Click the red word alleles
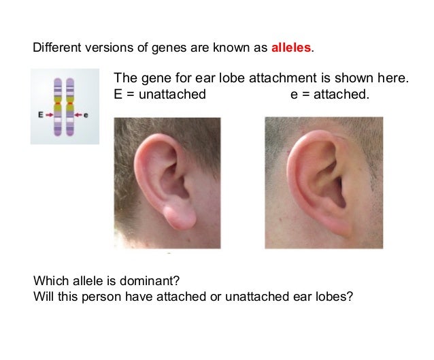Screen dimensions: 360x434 click(291, 49)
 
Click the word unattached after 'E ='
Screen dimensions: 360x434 click(171, 95)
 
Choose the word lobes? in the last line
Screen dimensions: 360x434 click(335, 297)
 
